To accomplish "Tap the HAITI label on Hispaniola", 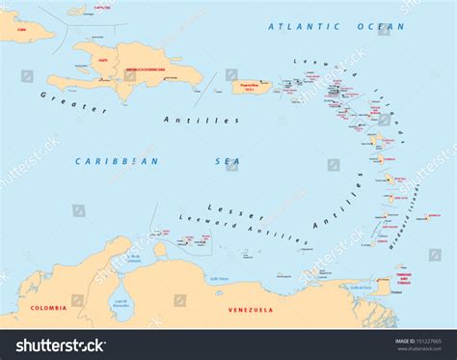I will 102,60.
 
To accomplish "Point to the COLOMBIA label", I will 48,308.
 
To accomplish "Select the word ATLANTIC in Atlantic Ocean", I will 298,26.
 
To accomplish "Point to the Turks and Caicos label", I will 102,7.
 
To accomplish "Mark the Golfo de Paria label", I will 359,287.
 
